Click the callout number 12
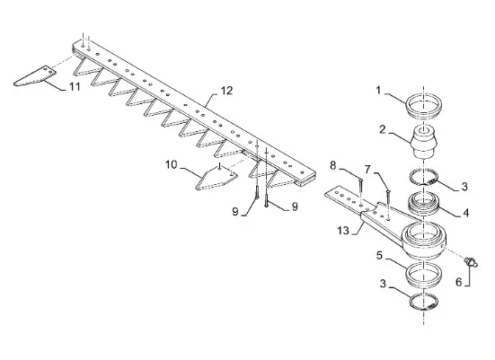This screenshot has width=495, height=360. (x=226, y=91)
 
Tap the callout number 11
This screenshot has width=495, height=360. (x=75, y=86)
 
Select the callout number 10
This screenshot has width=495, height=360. (x=172, y=164)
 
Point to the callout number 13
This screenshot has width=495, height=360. (x=343, y=231)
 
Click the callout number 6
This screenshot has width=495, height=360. (x=459, y=282)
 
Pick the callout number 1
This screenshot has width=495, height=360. (x=378, y=91)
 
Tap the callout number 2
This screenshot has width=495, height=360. (x=383, y=129)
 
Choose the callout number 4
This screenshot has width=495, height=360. (x=465, y=213)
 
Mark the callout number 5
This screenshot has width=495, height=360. (x=379, y=256)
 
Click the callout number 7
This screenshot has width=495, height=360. (x=367, y=170)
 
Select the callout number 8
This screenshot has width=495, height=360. (x=333, y=165)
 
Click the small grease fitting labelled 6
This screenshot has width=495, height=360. (x=471, y=261)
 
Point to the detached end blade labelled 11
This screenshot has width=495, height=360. (x=35, y=76)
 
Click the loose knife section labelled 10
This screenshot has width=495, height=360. (x=217, y=179)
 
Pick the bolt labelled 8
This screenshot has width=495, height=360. (x=360, y=191)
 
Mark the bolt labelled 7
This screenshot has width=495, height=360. (x=388, y=204)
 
